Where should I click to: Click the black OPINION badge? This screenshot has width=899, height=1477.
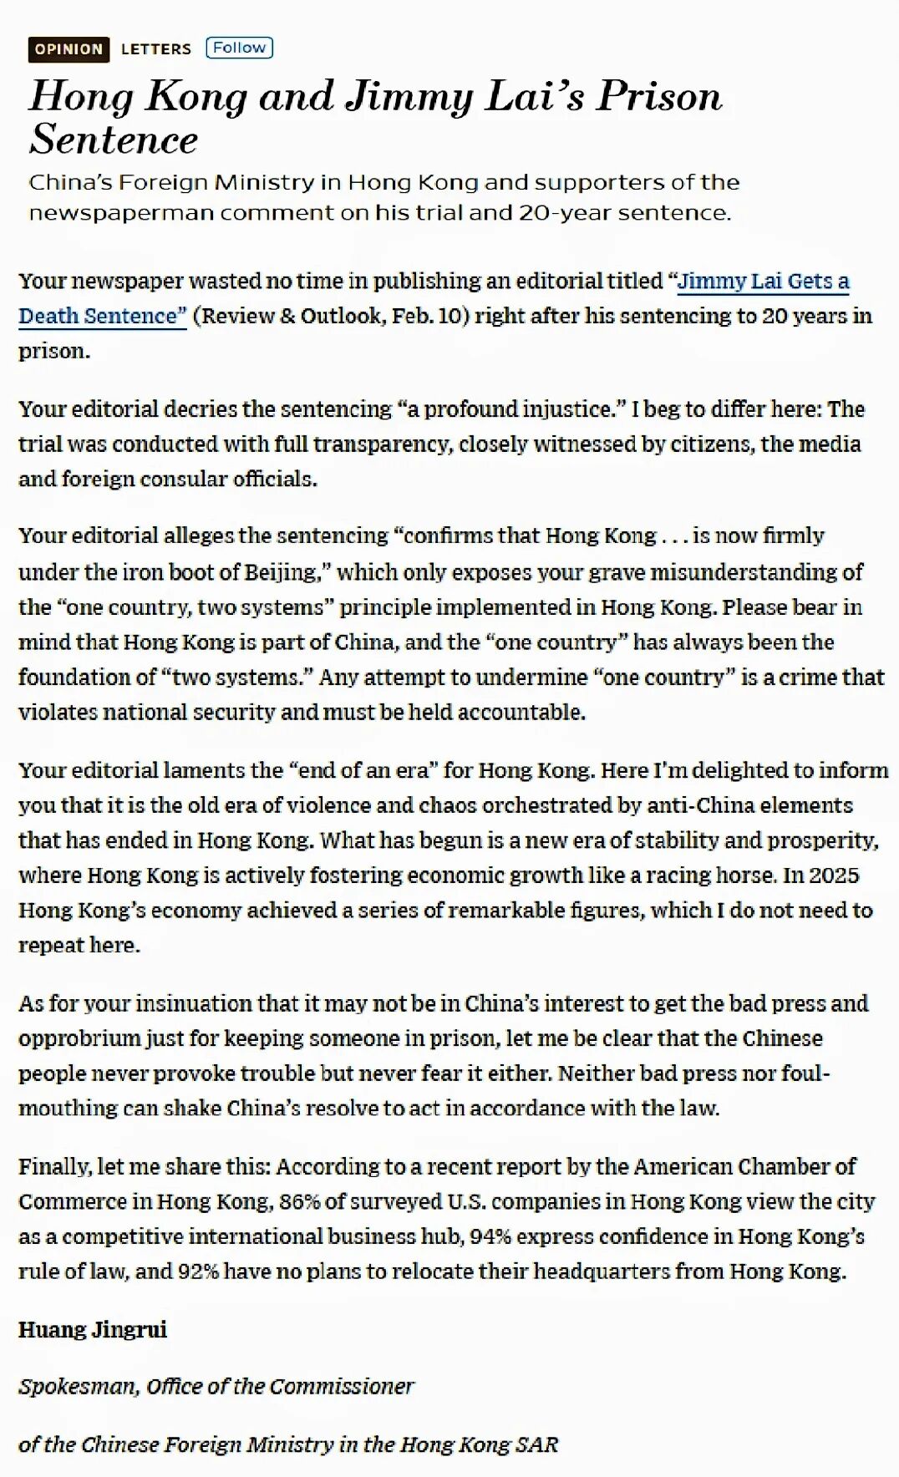click(x=69, y=49)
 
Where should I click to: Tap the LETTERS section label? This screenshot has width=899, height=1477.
click(x=155, y=49)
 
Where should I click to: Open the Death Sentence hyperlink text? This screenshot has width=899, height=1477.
click(x=102, y=316)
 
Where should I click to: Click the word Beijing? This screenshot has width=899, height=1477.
click(x=282, y=572)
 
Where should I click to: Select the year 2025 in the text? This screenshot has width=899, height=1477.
click(x=833, y=875)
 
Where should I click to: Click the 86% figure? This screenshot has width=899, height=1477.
click(x=300, y=1201)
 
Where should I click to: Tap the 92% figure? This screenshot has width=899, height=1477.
click(x=197, y=1271)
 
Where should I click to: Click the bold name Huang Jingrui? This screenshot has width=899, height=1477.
click(x=93, y=1329)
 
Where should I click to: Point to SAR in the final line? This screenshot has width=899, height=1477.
click(x=536, y=1444)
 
